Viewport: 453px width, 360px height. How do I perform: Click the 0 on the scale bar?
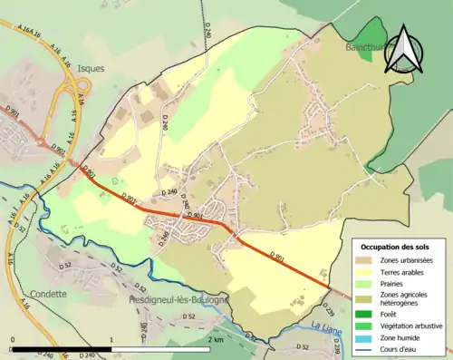pos(13,340)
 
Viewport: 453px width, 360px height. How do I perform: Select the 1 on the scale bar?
pos(111,340)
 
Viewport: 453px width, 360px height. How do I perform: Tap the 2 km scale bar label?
pos(214,340)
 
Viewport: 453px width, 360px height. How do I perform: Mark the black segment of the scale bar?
pos(62,350)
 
